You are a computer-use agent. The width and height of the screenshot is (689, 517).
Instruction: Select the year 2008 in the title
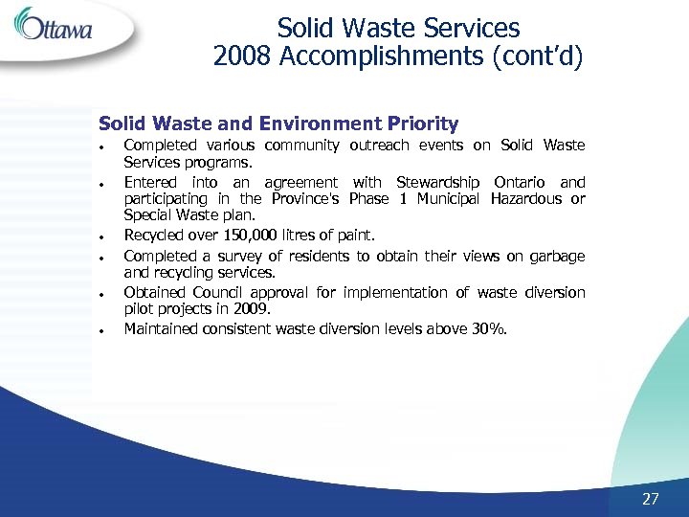coord(243,57)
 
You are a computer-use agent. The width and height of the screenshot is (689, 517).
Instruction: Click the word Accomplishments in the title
coord(382,57)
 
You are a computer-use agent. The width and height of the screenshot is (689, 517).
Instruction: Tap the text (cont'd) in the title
coord(537,57)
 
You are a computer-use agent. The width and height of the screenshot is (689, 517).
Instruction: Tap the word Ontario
coord(522,182)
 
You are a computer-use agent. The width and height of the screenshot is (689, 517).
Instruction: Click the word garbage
coord(555,256)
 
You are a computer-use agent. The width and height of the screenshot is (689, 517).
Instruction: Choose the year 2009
coord(253,309)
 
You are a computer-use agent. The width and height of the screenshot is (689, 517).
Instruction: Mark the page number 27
coord(651,499)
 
